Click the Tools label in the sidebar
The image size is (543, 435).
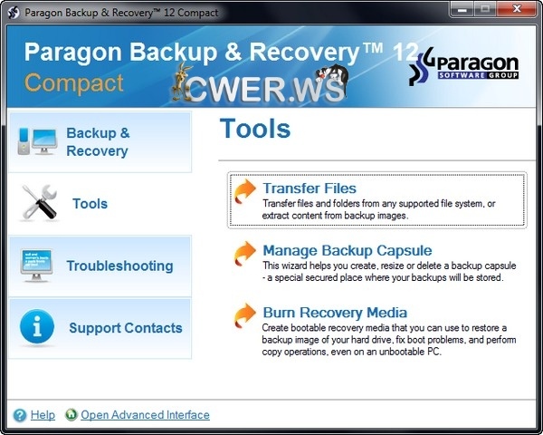point(90,204)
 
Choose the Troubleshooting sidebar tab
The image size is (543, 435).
point(119,266)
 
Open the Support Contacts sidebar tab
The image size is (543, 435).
point(125,328)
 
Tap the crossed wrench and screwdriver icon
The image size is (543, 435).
point(38,203)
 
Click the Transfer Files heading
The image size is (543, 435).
point(310,188)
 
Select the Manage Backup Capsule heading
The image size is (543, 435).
point(347,250)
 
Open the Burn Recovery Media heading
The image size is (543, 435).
point(335,313)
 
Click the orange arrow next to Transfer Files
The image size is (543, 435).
point(244,191)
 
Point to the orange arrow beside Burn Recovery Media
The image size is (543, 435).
point(244,315)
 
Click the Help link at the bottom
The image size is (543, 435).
point(43,415)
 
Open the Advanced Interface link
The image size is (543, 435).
point(145,415)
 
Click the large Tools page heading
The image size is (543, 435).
point(254,129)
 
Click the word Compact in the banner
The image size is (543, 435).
point(74,83)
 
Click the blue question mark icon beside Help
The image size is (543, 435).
point(20,415)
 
